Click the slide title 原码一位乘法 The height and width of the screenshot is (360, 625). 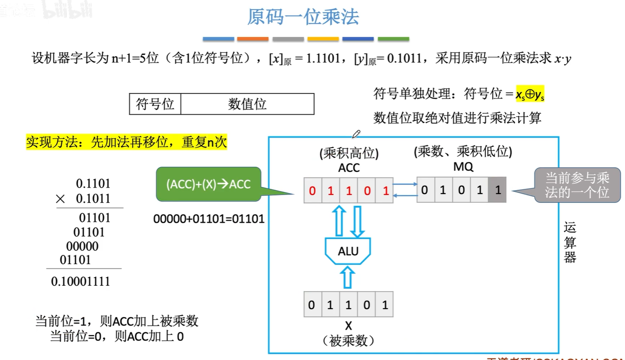tap(303, 17)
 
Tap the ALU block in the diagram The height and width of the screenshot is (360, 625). tap(348, 251)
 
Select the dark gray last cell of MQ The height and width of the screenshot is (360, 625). tap(497, 190)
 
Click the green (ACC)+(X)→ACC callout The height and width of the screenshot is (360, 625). tap(208, 184)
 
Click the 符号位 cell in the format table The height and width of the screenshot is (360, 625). tap(155, 104)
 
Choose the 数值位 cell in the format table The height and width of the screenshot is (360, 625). tap(247, 104)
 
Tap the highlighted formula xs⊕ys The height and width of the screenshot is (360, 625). tap(530, 93)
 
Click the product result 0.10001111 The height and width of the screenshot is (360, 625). tap(81, 281)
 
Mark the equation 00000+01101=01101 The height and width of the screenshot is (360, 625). tap(209, 218)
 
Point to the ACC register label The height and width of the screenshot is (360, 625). tap(349, 168)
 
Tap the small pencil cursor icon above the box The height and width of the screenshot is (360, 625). tap(356, 133)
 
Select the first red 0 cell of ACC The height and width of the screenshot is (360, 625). tap(312, 191)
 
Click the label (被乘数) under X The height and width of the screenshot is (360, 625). tap(348, 341)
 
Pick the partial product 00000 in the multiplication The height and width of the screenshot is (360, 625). tap(82, 246)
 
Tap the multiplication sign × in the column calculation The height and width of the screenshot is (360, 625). tap(60, 199)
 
